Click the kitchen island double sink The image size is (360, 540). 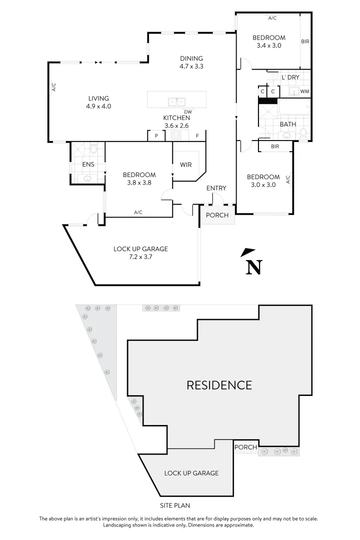coord(176,101)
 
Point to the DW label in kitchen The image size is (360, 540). coord(188,111)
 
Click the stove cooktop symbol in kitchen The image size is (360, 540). coord(176,135)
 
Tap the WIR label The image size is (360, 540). coord(186,164)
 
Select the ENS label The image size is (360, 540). coord(88,164)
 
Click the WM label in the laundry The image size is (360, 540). coord(304,91)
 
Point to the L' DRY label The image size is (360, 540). coord(290,77)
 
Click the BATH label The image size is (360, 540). coord(287,124)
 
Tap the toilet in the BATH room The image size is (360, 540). coord(303,133)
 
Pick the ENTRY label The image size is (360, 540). coord(216,188)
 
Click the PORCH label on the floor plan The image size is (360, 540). coord(217,215)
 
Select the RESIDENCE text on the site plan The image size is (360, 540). coord(219,385)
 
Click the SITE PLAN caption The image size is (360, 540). coord(174,505)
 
